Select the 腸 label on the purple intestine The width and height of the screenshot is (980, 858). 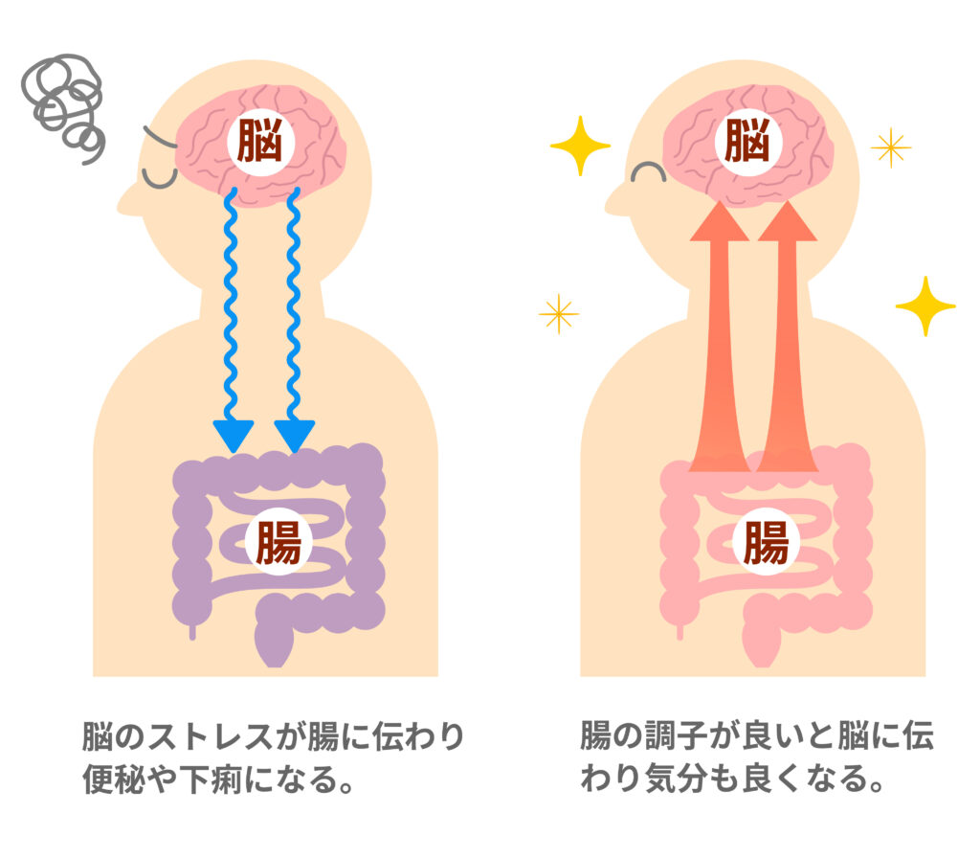point(276,542)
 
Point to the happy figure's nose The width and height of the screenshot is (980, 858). point(613,199)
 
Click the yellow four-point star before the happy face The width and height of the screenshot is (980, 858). point(580,146)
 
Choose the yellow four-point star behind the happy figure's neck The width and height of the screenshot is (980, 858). point(924,305)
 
